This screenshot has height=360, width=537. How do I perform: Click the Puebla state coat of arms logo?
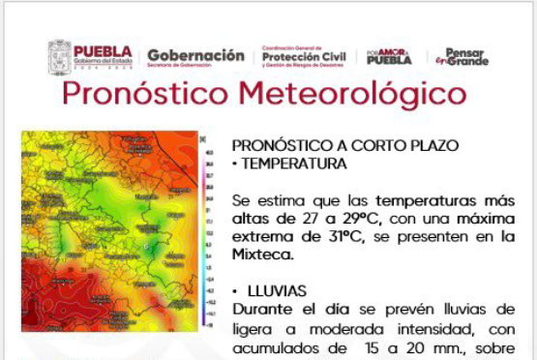click(x=59, y=55)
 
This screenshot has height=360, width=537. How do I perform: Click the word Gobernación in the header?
click(x=195, y=55)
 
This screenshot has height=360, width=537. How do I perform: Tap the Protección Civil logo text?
click(x=304, y=57)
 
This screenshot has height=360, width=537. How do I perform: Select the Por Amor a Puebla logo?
click(x=389, y=56)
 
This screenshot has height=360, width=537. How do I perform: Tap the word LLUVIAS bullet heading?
click(x=282, y=290)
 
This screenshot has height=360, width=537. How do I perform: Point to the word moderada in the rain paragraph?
click(x=330, y=329)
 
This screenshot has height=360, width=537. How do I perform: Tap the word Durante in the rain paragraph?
click(x=263, y=310)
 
